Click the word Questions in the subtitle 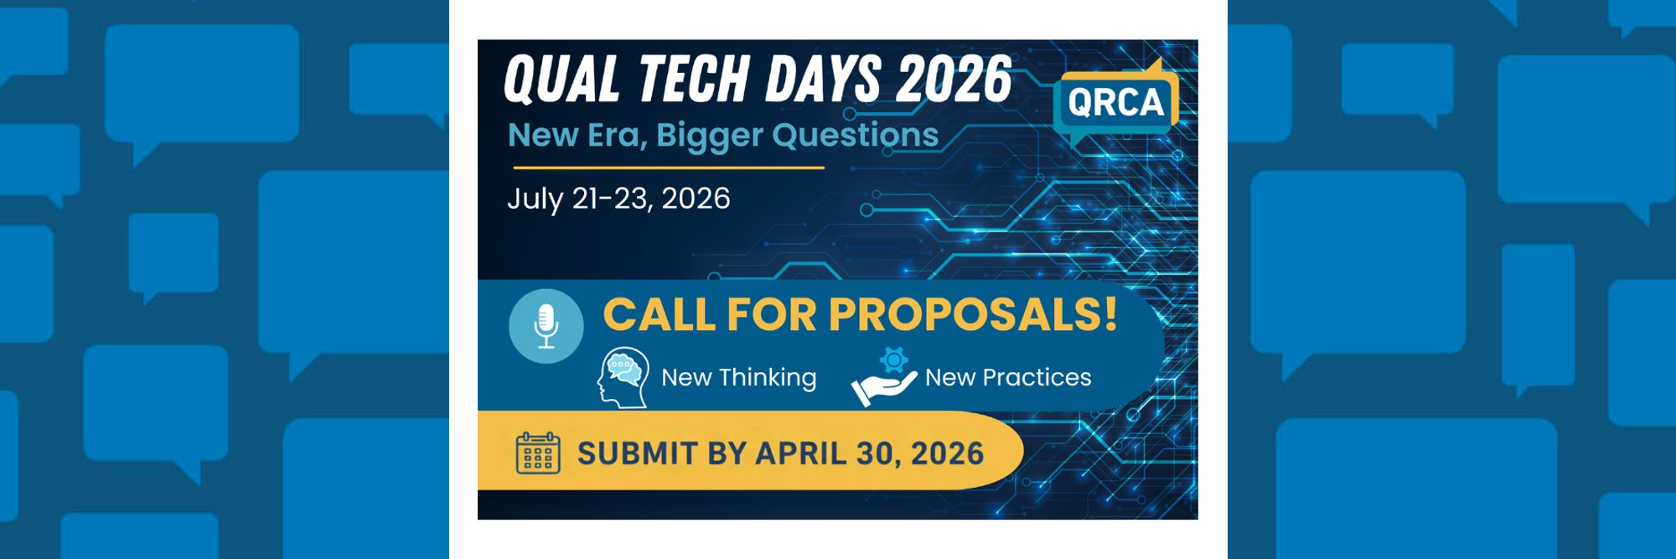[x=856, y=135]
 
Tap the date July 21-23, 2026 [x=618, y=199]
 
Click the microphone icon [x=546, y=326]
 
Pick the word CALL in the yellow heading [x=658, y=315]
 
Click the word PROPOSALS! [x=973, y=315]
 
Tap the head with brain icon [x=623, y=378]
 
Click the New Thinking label [x=739, y=378]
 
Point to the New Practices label [x=1008, y=377]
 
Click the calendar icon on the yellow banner [x=538, y=453]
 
